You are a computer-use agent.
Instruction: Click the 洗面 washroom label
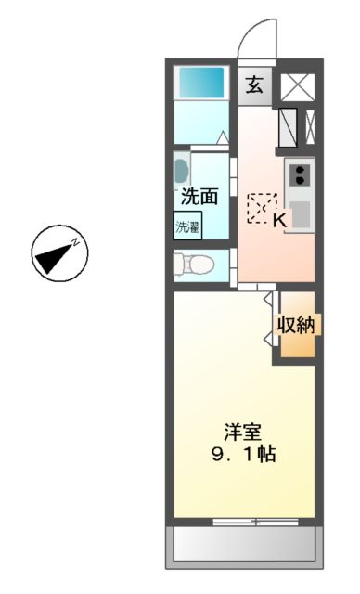click(199, 196)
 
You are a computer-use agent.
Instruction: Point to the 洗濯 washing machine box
click(187, 224)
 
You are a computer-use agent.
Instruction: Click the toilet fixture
click(191, 264)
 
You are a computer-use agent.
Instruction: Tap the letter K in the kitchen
click(279, 219)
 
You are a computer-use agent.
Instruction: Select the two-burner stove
click(300, 173)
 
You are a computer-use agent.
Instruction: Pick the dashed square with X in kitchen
click(261, 206)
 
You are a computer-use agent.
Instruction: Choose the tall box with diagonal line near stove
click(288, 127)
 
